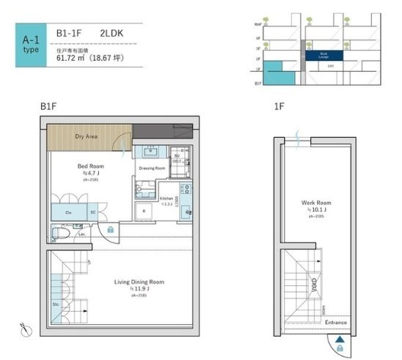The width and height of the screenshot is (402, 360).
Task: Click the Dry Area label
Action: pyautogui.click(x=87, y=136)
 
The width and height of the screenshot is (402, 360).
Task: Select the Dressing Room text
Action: pyautogui.click(x=152, y=168)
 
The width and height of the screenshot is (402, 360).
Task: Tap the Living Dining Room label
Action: pyautogui.click(x=138, y=282)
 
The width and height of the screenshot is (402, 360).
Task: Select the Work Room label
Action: pyautogui.click(x=317, y=203)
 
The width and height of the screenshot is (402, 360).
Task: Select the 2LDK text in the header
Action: pyautogui.click(x=112, y=33)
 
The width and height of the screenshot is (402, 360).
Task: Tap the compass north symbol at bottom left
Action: pyautogui.click(x=24, y=331)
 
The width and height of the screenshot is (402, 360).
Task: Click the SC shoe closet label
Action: pyautogui.click(x=93, y=213)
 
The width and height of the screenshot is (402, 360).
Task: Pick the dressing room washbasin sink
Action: pyautogui.click(x=151, y=152)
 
